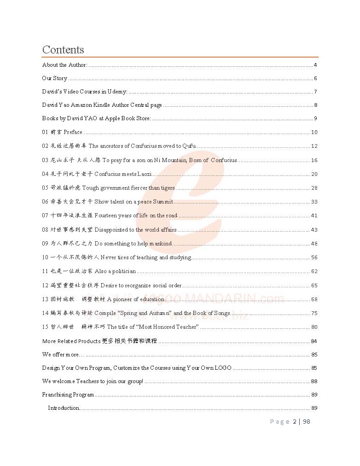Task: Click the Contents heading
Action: [x=63, y=50]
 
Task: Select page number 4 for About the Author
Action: [x=315, y=65]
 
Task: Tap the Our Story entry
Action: [x=55, y=78]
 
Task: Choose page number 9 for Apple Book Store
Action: [x=315, y=118]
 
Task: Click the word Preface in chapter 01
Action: [x=73, y=132]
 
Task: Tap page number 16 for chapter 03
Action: [x=314, y=160]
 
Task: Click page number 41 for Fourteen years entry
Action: [x=314, y=216]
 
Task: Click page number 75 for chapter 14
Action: [x=314, y=313]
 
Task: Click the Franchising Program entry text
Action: [x=68, y=395]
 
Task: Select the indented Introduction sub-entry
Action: [x=64, y=408]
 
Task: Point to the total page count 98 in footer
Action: [x=307, y=421]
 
